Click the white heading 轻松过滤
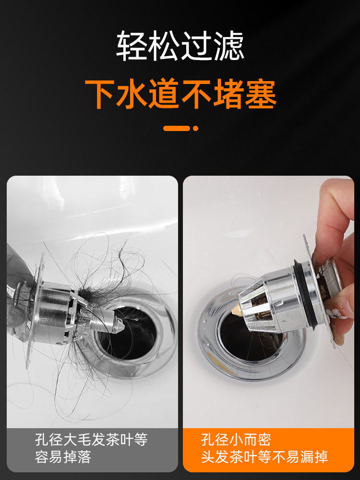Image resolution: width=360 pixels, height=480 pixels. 180,46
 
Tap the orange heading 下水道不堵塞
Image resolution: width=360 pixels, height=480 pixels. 180,95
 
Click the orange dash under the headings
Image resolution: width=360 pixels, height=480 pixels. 176,128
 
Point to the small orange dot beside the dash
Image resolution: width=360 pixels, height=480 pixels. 195,128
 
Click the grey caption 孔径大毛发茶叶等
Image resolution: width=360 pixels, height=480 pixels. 91,440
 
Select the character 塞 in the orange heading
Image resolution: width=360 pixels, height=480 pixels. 261,95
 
